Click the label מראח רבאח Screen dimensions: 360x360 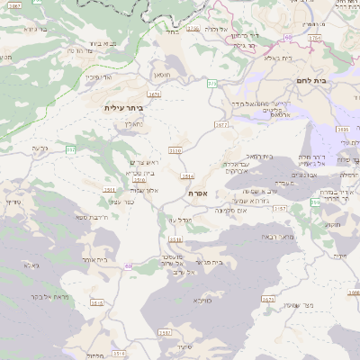(274, 236)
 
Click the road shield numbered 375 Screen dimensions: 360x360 (211, 83)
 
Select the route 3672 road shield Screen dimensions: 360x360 (221, 125)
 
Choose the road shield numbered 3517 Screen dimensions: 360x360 (165, 333)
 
